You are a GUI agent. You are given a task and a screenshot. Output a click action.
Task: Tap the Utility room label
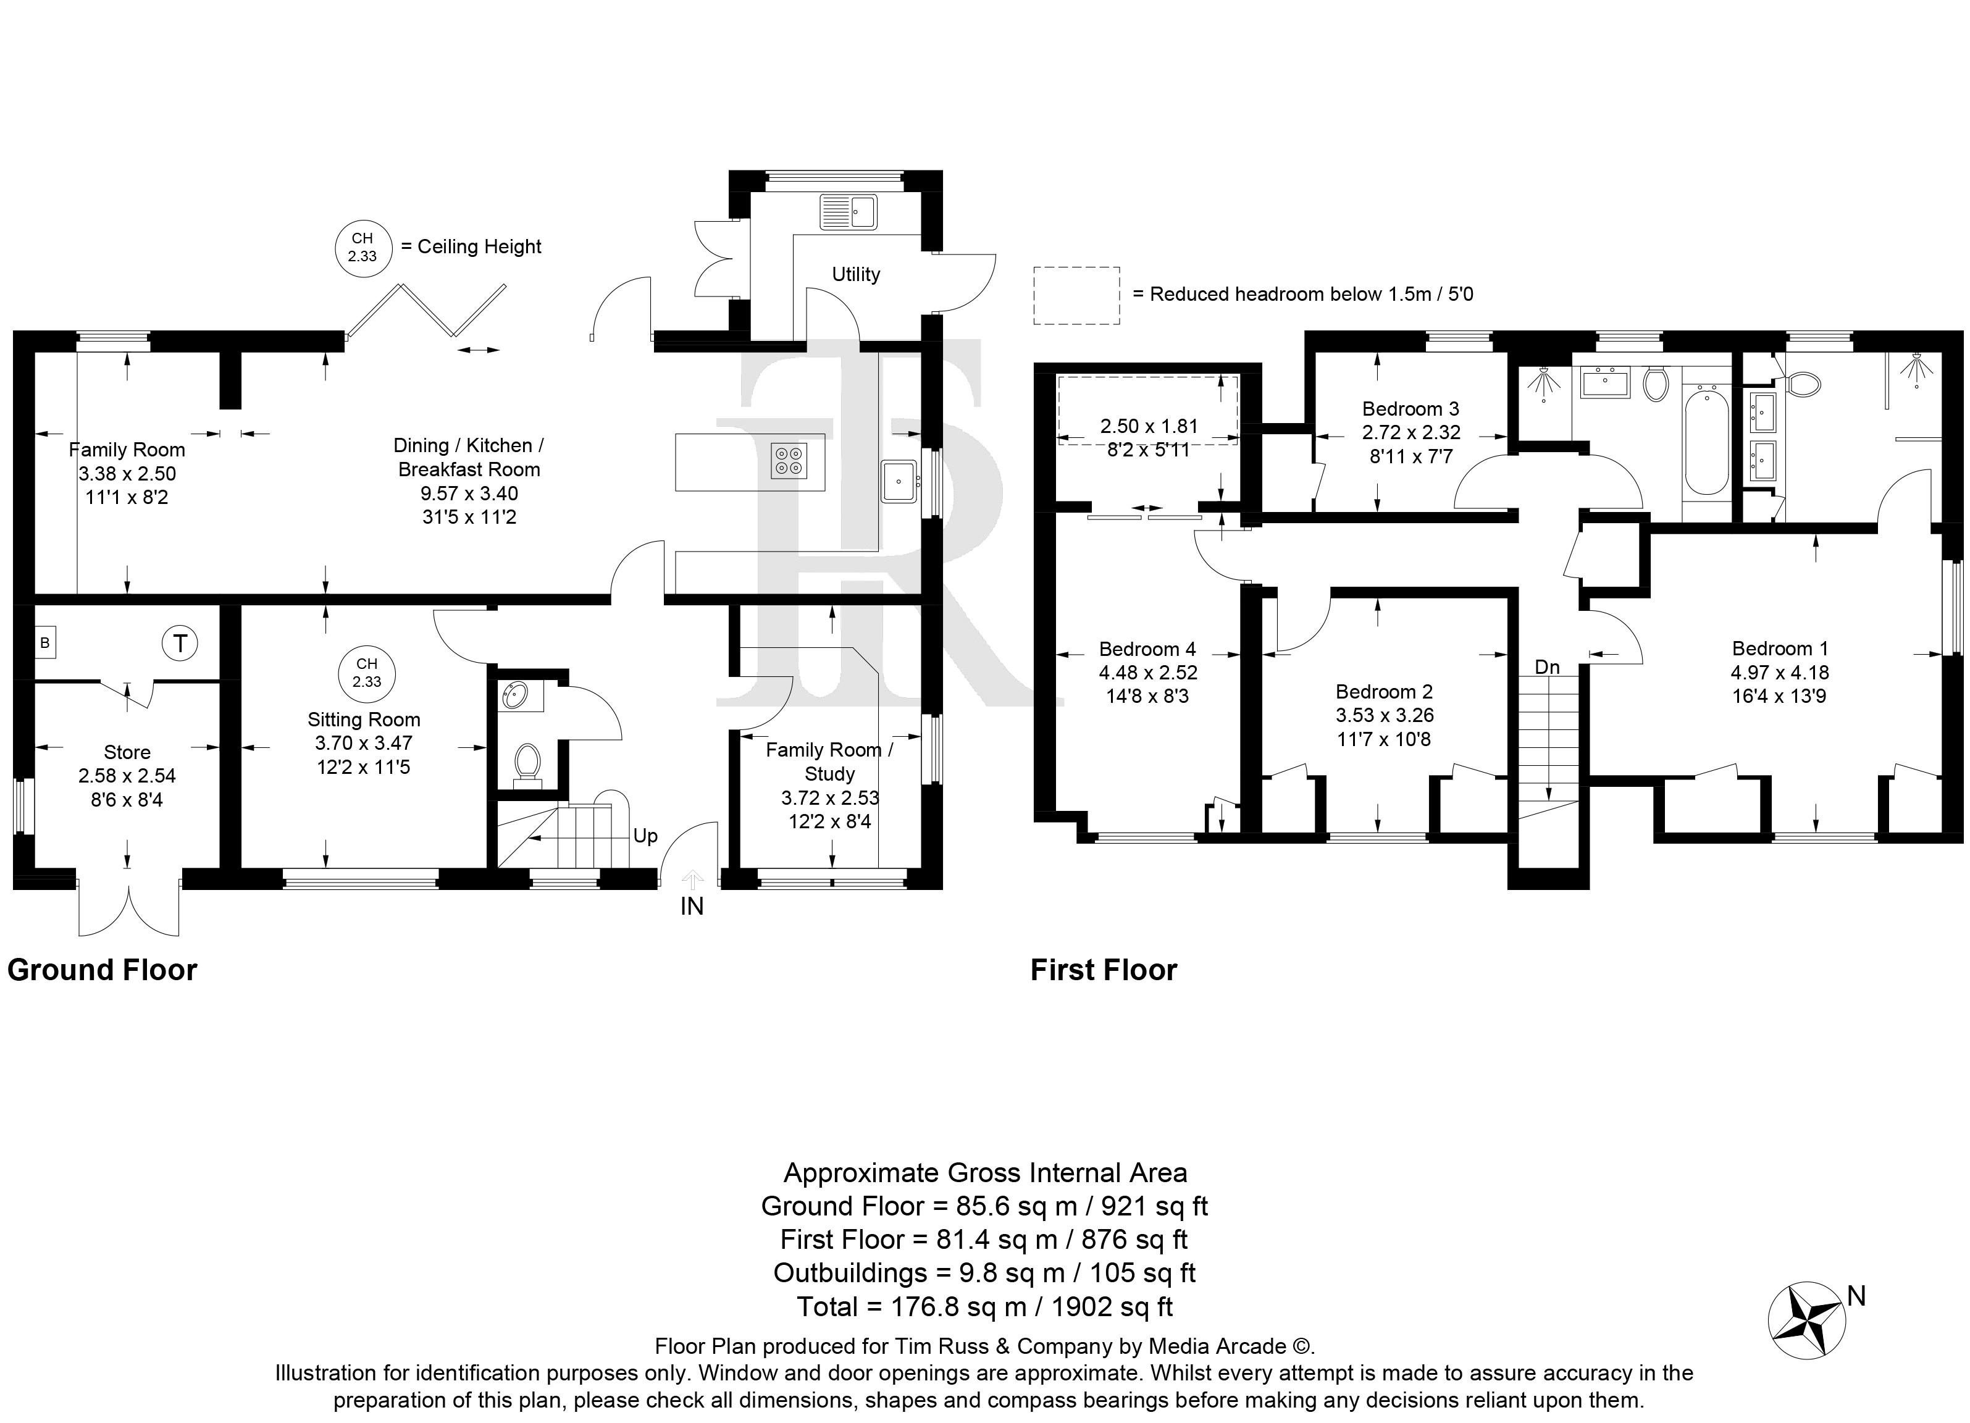[x=855, y=274]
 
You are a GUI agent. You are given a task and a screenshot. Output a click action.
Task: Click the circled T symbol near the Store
[x=180, y=644]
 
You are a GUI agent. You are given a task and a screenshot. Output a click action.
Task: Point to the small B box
[x=45, y=643]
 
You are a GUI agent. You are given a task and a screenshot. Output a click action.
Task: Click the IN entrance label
[x=692, y=907]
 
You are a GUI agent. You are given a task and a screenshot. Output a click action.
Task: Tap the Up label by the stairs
[x=645, y=836]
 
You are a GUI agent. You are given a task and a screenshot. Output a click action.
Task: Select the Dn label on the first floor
[x=1547, y=667]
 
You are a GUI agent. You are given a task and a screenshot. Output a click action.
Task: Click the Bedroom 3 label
[x=1410, y=408]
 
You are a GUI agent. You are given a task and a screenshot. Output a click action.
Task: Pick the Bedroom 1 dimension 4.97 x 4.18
[x=1780, y=673]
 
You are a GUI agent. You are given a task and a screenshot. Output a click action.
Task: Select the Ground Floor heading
[x=103, y=970]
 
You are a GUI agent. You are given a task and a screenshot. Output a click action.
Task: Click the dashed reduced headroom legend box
[x=1076, y=295]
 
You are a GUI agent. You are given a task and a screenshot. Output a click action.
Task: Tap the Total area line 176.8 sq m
[x=985, y=1307]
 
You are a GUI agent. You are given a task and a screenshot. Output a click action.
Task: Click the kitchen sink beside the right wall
[x=899, y=481]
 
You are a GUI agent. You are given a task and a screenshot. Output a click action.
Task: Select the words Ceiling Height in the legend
[x=479, y=246]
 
